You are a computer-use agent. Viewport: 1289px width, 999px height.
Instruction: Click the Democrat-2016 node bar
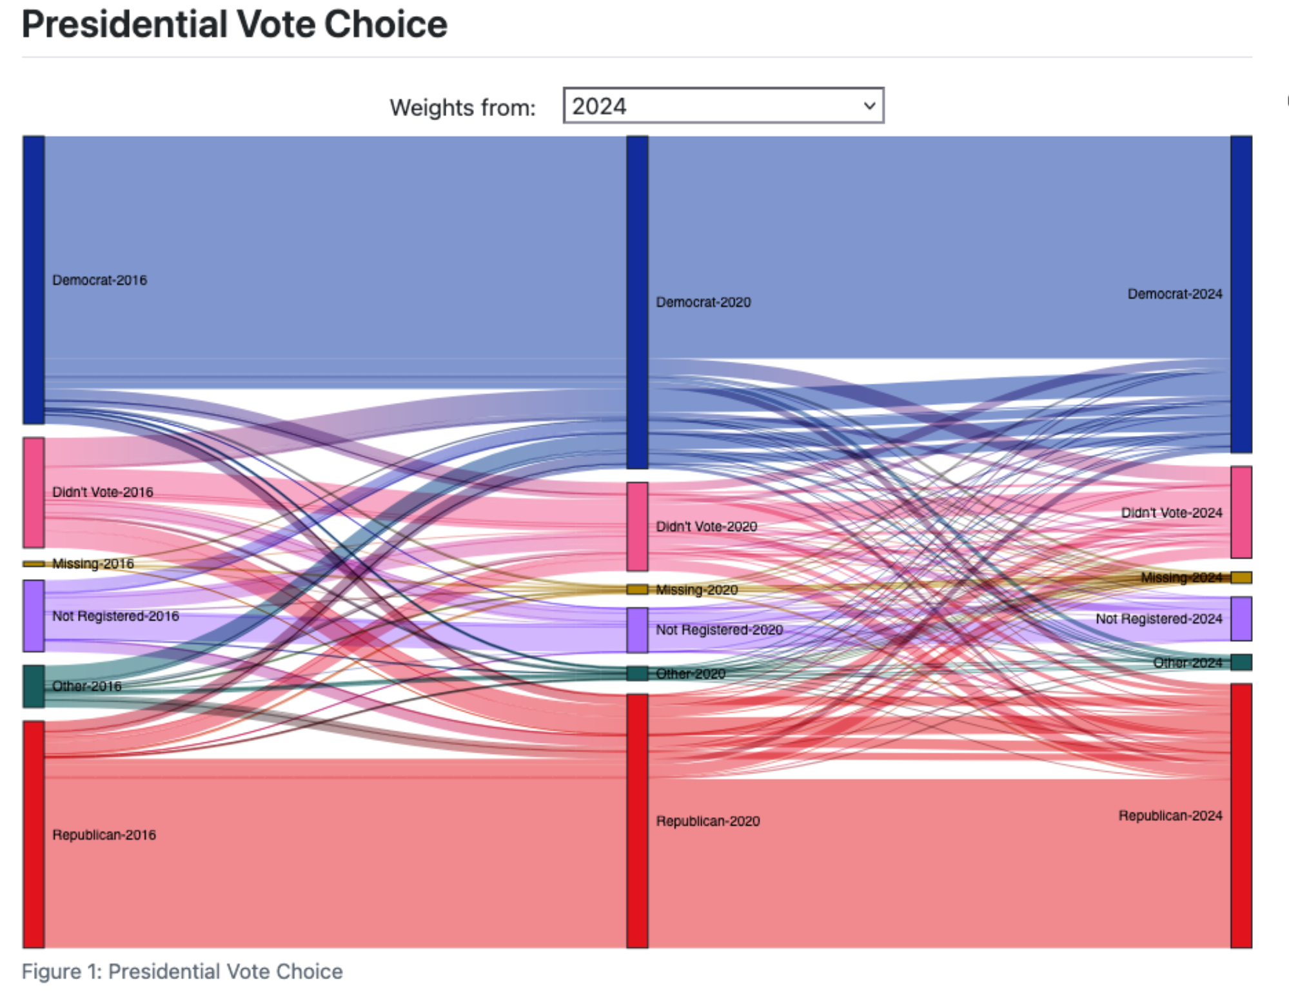pyautogui.click(x=34, y=279)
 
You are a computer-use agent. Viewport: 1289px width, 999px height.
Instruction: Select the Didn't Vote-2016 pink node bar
pyautogui.click(x=34, y=492)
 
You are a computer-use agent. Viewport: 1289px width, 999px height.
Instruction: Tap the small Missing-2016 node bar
pyautogui.click(x=34, y=564)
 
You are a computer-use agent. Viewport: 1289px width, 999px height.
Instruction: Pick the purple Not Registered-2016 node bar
pyautogui.click(x=34, y=615)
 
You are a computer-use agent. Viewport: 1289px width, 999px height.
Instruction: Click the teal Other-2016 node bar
pyautogui.click(x=34, y=686)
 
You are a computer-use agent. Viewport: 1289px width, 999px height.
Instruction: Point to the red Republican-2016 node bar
pyautogui.click(x=34, y=834)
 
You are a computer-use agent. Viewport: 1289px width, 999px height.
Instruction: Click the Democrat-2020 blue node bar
pyautogui.click(x=637, y=302)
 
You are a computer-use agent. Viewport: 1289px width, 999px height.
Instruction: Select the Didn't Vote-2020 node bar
pyautogui.click(x=637, y=526)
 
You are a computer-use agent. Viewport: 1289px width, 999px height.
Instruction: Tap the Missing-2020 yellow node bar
pyautogui.click(x=637, y=589)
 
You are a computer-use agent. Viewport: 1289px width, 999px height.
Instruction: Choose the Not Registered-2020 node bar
pyautogui.click(x=637, y=629)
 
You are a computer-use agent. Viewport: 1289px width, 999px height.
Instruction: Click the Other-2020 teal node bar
pyautogui.click(x=637, y=673)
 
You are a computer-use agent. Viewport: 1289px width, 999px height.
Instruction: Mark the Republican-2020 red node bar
pyautogui.click(x=637, y=820)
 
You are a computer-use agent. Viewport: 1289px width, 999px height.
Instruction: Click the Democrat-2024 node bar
pyautogui.click(x=1241, y=294)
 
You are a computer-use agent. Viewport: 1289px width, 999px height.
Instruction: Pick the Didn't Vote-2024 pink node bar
pyautogui.click(x=1241, y=512)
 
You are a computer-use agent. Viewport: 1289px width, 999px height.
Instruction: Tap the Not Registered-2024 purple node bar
pyautogui.click(x=1241, y=618)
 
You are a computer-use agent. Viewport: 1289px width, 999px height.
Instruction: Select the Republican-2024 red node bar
pyautogui.click(x=1241, y=815)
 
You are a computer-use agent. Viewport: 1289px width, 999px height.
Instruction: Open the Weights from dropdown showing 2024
pyautogui.click(x=723, y=106)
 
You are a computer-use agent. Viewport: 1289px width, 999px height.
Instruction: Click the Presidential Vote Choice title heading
pyautogui.click(x=235, y=25)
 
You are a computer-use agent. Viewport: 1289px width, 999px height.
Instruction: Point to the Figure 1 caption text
pyautogui.click(x=182, y=971)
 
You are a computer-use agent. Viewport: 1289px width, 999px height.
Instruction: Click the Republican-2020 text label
pyautogui.click(x=708, y=821)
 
